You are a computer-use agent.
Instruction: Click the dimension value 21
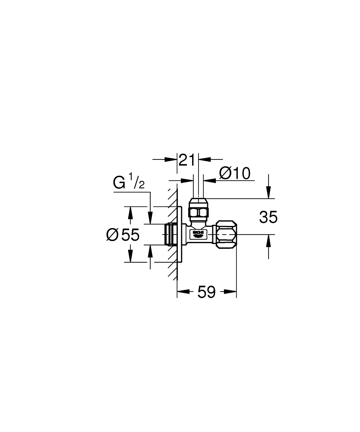click(x=187, y=160)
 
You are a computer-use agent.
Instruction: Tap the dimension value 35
click(x=268, y=217)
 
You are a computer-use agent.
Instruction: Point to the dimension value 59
click(x=206, y=292)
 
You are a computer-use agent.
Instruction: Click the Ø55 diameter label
click(x=123, y=235)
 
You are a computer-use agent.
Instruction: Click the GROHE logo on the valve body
click(x=198, y=234)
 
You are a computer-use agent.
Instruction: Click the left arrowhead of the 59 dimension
click(x=182, y=292)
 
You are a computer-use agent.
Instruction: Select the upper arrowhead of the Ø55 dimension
click(x=128, y=212)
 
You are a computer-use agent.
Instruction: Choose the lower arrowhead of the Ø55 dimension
click(x=128, y=257)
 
